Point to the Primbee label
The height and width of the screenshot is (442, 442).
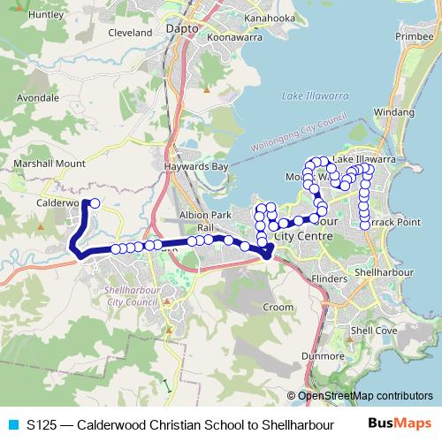point(414,37)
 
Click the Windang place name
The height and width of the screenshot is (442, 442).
point(393,113)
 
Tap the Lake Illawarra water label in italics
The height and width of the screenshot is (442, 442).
point(305,95)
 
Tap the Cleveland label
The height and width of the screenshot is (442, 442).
point(130,32)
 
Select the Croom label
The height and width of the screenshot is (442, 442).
point(278,307)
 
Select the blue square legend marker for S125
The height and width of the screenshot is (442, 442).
point(12,425)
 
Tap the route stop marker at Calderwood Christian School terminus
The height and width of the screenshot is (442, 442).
point(95,203)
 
